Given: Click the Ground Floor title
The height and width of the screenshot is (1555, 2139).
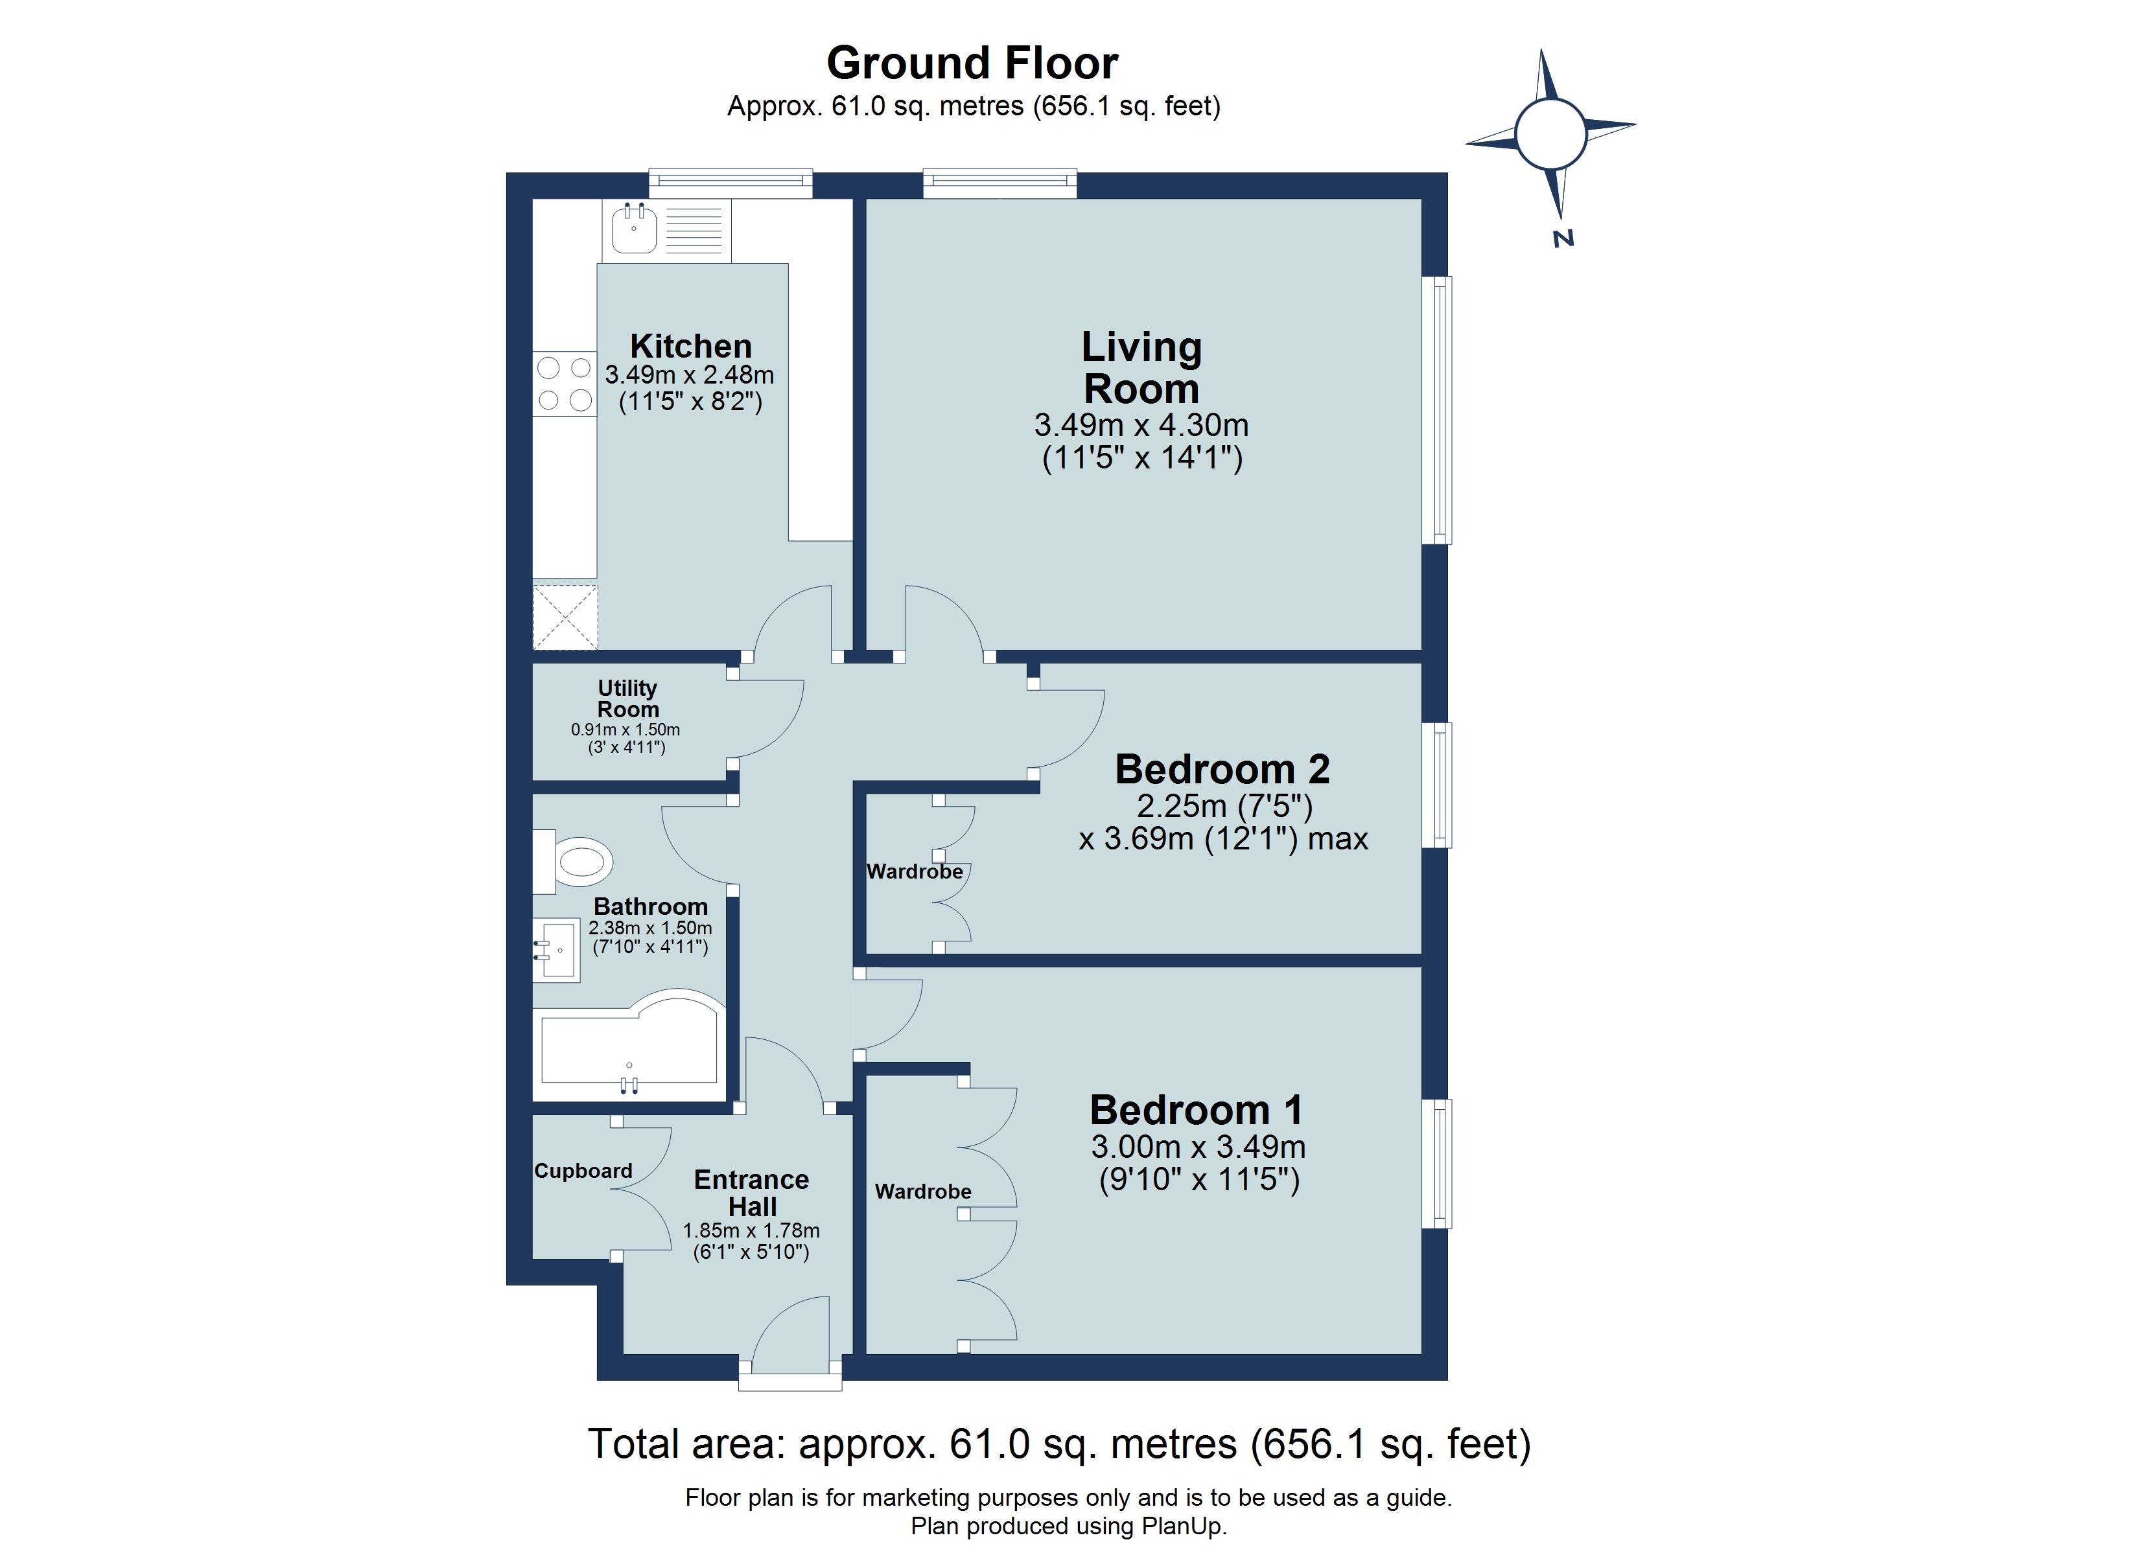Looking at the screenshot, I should point(972,64).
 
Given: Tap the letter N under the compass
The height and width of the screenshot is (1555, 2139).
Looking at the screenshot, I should point(1563,238).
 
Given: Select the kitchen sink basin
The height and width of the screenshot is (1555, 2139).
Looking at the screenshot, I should point(634,229).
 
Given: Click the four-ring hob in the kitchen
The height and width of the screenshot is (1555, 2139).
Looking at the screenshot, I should point(564,384).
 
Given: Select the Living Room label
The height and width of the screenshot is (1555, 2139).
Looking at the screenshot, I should point(1141,368).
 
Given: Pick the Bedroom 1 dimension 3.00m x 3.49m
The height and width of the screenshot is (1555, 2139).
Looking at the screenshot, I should point(1198,1147).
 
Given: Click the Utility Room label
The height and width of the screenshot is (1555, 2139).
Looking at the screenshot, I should point(627,698).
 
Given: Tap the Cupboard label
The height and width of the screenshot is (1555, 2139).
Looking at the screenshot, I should point(583,1171).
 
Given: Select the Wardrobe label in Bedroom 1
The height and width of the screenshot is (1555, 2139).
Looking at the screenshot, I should point(922,1192).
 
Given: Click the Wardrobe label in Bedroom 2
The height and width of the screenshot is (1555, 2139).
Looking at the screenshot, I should point(914,872).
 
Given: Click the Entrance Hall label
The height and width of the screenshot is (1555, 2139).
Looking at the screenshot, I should point(752,1193).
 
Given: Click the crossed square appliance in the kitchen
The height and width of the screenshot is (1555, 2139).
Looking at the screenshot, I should point(565,617).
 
